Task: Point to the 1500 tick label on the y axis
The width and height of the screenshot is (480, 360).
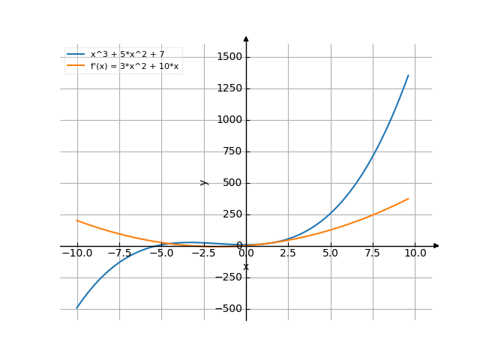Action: [x=229, y=57]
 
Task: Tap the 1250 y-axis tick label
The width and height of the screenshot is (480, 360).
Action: [x=229, y=88]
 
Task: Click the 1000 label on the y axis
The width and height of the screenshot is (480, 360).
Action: [x=229, y=120]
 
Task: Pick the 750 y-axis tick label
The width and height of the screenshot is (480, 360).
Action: [x=232, y=151]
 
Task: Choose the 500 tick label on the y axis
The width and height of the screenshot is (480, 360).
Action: [x=232, y=183]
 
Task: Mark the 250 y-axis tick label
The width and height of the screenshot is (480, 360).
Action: [x=232, y=214]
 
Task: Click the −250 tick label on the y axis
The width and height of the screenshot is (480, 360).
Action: [x=229, y=277]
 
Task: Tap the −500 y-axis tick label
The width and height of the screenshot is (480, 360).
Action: [x=229, y=309]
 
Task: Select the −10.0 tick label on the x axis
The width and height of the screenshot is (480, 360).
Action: [x=76, y=253]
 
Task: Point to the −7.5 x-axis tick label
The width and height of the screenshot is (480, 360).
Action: [x=118, y=253]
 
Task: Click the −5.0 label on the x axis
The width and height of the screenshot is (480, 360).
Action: [x=161, y=253]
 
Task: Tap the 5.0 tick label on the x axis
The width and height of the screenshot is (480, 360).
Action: [x=331, y=253]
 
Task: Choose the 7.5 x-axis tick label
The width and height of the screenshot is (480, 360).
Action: [x=373, y=253]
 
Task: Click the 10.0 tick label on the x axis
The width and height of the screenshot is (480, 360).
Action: [x=415, y=253]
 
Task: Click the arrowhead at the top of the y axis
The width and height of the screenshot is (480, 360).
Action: [x=246, y=37]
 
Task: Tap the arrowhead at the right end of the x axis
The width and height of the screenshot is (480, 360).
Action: [x=436, y=246]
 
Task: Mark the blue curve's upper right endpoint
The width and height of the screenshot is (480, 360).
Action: [x=409, y=74]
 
